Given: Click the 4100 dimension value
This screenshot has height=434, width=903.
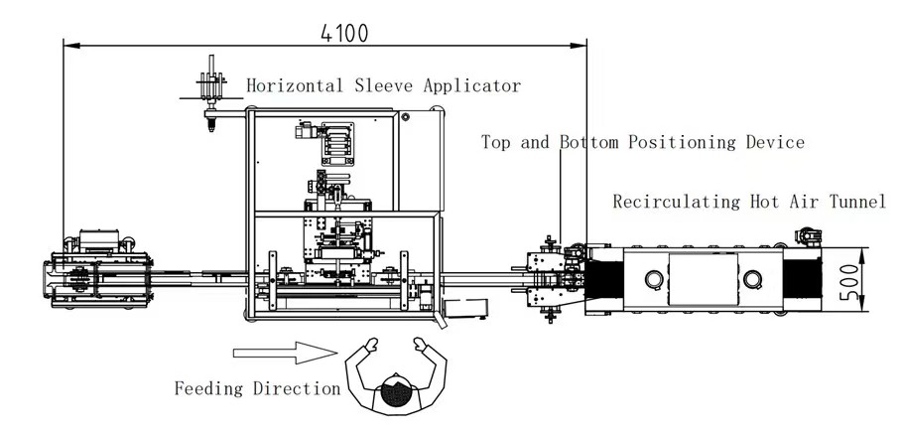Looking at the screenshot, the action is [x=343, y=33].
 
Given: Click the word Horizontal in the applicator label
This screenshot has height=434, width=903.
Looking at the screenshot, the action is [x=295, y=85].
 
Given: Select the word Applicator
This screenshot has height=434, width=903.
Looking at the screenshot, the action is [x=472, y=85].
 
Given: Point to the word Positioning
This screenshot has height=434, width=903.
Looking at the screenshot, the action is [x=684, y=142].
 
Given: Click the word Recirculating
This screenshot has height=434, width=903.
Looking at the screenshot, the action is [x=676, y=202].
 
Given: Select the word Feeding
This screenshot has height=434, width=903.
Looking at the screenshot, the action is [x=208, y=388].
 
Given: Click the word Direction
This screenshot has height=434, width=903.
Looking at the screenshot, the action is [x=297, y=388].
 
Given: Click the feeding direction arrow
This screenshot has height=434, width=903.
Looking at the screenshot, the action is [x=285, y=353].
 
